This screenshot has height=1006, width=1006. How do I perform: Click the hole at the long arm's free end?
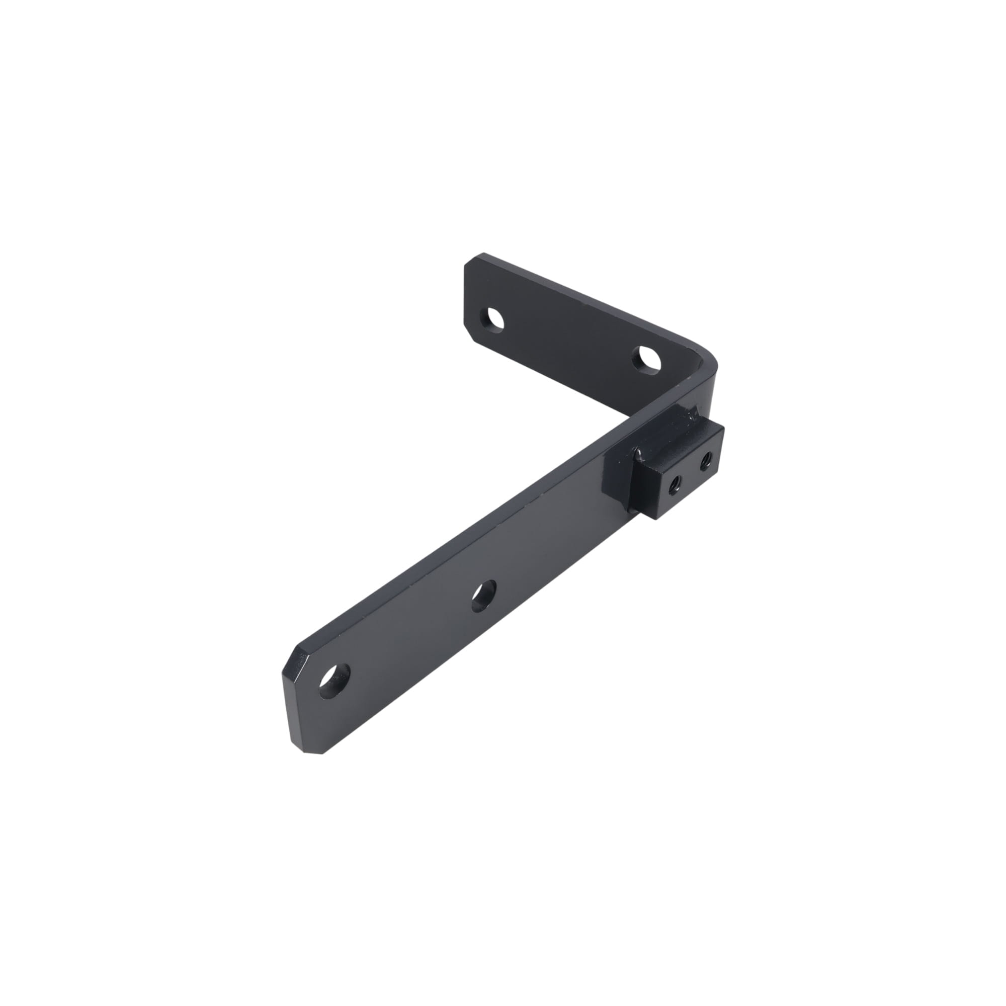click(334, 682)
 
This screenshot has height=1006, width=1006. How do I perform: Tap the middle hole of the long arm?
click(483, 596)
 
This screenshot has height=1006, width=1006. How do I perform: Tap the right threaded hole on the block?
click(707, 460)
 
